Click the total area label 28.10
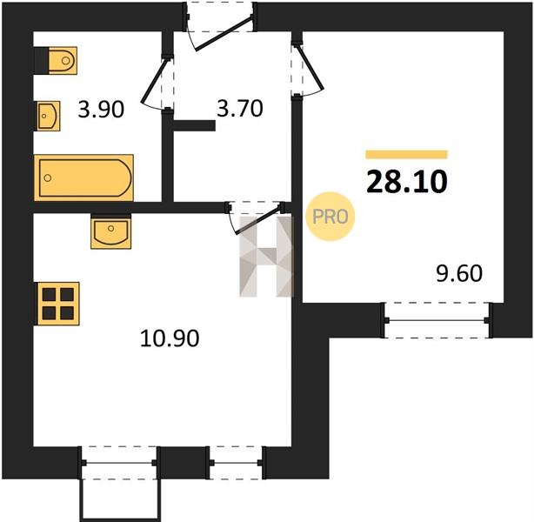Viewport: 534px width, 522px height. point(407,182)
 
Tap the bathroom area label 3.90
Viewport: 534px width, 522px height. point(101,110)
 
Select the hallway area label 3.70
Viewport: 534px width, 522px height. point(240,109)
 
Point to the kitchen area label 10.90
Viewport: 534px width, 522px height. point(170,338)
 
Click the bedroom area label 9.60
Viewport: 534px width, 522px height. point(459,273)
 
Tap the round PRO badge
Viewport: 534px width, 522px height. point(330,217)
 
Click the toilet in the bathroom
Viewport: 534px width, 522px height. point(56,61)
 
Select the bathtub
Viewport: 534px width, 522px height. point(83,177)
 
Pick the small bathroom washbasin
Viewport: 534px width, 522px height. point(49,116)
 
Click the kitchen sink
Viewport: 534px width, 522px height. point(111,231)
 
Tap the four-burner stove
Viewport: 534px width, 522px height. point(58,304)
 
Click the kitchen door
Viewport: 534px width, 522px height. point(255,217)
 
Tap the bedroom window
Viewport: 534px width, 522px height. point(437,320)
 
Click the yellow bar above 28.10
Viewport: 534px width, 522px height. point(406,154)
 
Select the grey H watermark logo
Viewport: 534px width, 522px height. point(266,257)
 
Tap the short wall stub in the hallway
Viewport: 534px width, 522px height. point(195,126)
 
